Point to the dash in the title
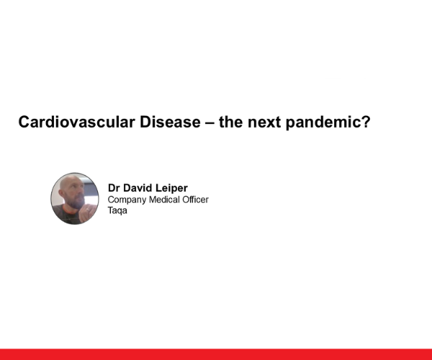(x=208, y=122)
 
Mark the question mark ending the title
(x=366, y=122)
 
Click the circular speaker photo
(x=75, y=198)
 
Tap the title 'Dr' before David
(x=114, y=187)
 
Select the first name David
(x=140, y=187)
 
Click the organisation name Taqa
(x=117, y=211)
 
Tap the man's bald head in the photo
(x=71, y=182)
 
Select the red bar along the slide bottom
(x=216, y=354)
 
